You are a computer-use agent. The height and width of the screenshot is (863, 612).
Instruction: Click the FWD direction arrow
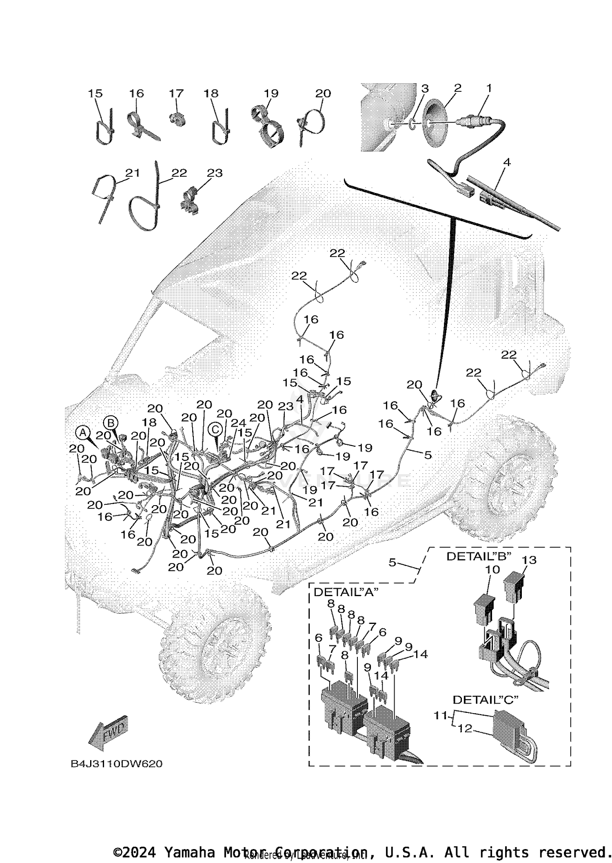pyautogui.click(x=108, y=733)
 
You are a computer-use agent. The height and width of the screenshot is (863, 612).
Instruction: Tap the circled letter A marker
pyautogui.click(x=82, y=432)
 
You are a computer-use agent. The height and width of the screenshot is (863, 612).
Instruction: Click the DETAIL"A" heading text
pyautogui.click(x=346, y=592)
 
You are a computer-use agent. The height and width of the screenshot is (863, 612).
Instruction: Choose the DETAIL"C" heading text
pyautogui.click(x=486, y=700)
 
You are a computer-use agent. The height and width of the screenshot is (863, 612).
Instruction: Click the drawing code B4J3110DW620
pyautogui.click(x=117, y=764)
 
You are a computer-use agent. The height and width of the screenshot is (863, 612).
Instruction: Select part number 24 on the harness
pyautogui.click(x=238, y=424)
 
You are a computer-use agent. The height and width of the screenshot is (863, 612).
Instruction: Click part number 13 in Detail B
pyautogui.click(x=529, y=560)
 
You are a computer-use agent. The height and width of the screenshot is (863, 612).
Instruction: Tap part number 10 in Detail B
pyautogui.click(x=493, y=569)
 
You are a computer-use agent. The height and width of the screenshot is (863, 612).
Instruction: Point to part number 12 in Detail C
pyautogui.click(x=465, y=728)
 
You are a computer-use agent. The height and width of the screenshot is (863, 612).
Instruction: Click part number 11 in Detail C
pyautogui.click(x=440, y=715)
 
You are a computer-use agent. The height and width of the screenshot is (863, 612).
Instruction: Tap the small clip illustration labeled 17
pyautogui.click(x=177, y=118)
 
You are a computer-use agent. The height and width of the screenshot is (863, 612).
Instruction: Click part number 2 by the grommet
pyautogui.click(x=457, y=88)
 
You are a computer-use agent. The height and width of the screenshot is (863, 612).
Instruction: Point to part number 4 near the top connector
pyautogui.click(x=506, y=162)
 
